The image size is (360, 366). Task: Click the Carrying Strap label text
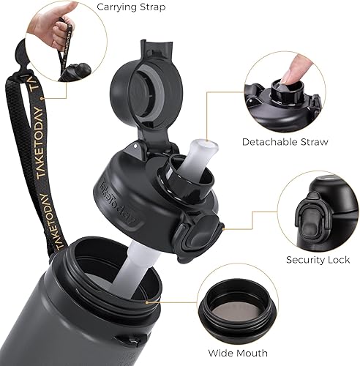(x=131, y=8)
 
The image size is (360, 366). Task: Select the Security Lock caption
(x=318, y=260)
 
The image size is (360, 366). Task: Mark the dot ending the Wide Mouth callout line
(x=149, y=301)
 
